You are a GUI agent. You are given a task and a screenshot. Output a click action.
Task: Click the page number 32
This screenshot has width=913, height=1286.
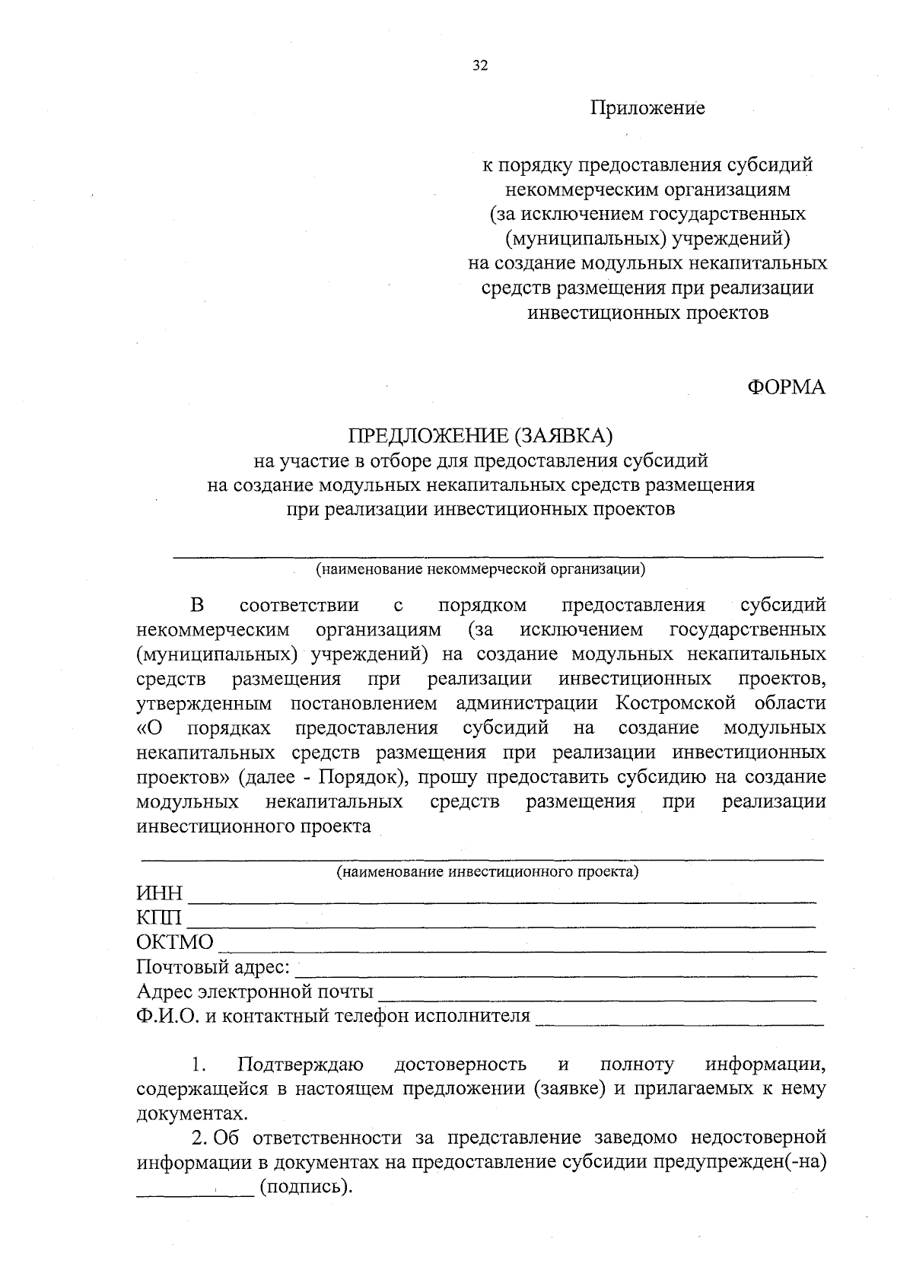coord(480,65)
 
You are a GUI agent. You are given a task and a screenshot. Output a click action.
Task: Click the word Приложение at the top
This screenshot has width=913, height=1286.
coord(648,108)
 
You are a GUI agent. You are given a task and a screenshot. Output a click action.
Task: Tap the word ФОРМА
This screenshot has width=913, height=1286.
coord(786,387)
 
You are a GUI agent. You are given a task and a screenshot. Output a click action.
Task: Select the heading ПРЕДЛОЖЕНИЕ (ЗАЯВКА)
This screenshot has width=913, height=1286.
coord(480,436)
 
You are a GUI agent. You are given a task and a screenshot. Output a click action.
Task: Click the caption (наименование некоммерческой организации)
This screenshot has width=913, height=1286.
coord(481,568)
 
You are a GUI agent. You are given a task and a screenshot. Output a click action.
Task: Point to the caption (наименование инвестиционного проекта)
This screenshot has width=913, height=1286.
coord(488,871)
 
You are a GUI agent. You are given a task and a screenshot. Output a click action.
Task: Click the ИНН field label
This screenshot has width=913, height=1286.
coord(160,893)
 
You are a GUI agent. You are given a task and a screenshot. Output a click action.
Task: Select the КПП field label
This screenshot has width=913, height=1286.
coord(159,918)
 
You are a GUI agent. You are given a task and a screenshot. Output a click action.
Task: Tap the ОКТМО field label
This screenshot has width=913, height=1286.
coord(175,943)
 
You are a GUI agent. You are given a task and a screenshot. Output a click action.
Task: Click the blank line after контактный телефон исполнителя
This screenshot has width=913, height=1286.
coord(679,1022)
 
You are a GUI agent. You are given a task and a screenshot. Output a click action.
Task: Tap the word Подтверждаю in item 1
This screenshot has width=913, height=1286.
coord(300,1064)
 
